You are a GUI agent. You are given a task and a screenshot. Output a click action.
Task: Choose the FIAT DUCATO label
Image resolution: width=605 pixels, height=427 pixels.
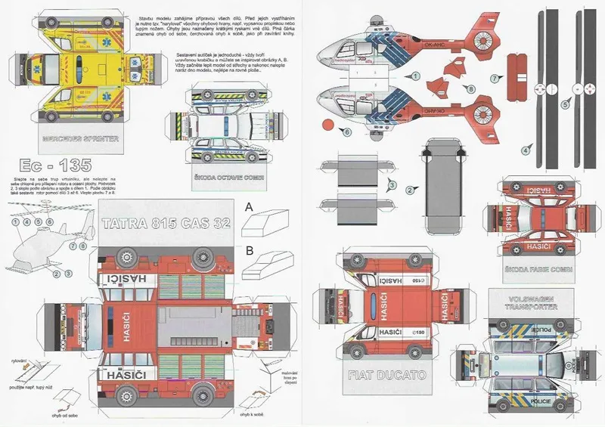pos(388,375)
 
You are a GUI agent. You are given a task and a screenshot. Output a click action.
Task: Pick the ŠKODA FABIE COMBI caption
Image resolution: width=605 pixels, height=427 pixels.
pos(538,268)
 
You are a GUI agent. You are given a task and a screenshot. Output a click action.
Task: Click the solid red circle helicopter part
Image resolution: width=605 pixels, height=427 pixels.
pos(327,124)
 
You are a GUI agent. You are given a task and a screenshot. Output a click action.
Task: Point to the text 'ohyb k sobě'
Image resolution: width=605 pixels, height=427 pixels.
pos(256,415)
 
